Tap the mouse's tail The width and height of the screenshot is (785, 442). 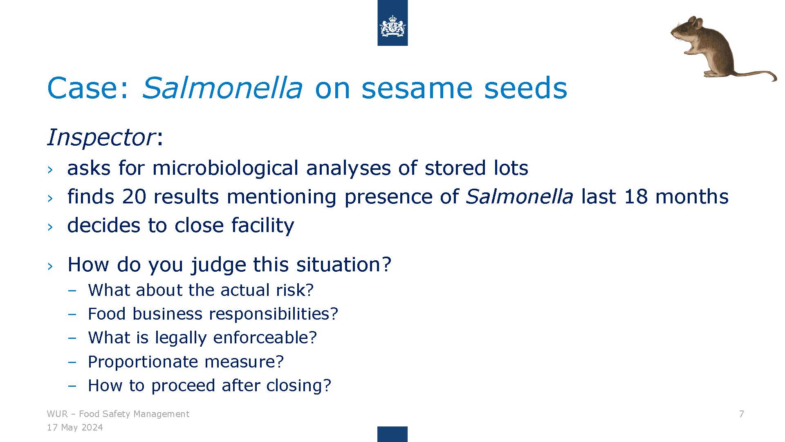coord(756,74)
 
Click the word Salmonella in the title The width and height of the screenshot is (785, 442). coord(222,88)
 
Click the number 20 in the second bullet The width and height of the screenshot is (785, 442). coord(134,196)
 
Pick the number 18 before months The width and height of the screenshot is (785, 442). coord(636,196)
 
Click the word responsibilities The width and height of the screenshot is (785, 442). coord(274,314)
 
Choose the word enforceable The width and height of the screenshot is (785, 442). coord(265,338)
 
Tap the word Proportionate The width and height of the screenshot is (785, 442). coord(143,362)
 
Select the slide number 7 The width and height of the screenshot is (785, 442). coord(742,414)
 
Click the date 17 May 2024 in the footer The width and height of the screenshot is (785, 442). coord(75,428)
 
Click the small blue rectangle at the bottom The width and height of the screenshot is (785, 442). coord(392,434)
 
